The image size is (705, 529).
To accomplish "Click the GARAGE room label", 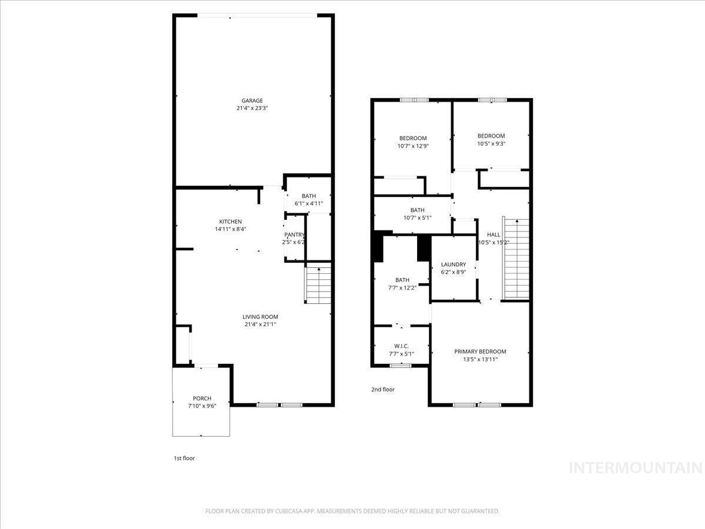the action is click(252, 101).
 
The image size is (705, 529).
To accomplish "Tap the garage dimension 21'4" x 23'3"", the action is click(252, 108).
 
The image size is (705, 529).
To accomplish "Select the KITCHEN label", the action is click(230, 222).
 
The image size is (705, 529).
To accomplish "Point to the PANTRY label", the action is click(294, 235).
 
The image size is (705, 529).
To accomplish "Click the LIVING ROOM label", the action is click(260, 317).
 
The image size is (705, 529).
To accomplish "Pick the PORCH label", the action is click(202, 399).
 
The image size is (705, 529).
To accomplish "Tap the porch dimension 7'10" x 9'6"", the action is click(202, 406).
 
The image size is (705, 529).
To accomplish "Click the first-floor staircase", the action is click(318, 283).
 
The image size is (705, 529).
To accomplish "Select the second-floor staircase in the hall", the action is click(515, 258).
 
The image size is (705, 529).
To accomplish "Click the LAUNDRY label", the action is click(453, 264).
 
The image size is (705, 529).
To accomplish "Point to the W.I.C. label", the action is click(401, 346).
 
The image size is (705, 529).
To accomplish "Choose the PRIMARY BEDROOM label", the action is click(480, 351).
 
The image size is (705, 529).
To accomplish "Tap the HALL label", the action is click(493, 235).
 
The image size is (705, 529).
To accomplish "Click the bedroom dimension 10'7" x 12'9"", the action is click(413, 146).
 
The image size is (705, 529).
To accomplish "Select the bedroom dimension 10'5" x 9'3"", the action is click(491, 143).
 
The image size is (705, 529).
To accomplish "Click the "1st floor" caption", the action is click(184, 458).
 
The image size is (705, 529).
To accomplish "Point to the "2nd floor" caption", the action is click(383, 389).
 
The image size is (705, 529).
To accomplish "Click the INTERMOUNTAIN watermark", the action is click(636, 468).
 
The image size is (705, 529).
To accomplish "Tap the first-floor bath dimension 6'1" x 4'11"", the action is click(308, 203).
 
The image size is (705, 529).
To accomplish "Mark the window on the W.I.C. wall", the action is click(400, 366).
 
